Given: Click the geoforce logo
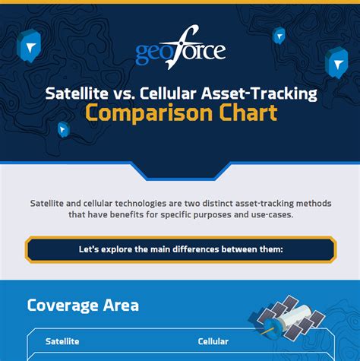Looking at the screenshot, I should click(180, 52).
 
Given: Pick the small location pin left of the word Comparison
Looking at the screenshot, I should click(63, 129).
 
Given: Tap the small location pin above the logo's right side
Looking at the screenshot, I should click(279, 35).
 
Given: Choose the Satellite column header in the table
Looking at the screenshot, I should click(62, 341).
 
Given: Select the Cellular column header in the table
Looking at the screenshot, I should click(213, 341).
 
